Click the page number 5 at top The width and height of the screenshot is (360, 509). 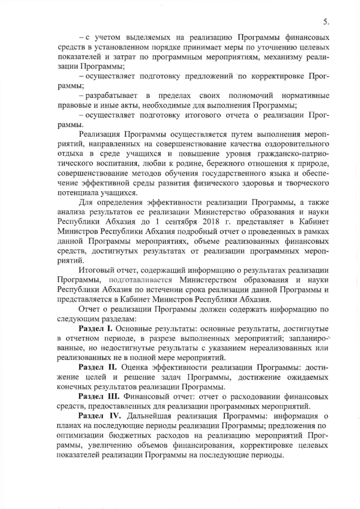(x=326, y=22)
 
